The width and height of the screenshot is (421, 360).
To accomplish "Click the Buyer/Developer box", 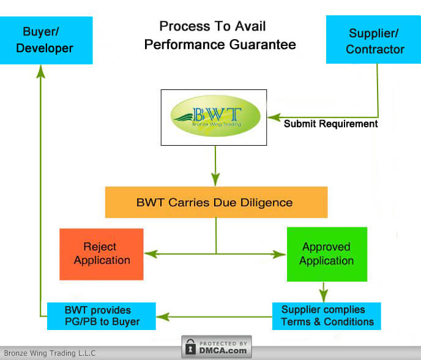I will [47, 40].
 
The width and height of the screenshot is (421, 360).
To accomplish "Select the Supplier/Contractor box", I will [373, 40].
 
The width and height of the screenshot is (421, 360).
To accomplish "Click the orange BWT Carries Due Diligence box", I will [216, 202].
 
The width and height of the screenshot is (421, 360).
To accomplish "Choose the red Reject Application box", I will [102, 253].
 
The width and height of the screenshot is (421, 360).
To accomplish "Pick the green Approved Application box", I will [327, 253].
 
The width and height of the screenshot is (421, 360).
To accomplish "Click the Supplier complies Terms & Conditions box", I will [327, 316].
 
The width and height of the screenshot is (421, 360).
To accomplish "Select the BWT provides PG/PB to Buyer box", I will [102, 316].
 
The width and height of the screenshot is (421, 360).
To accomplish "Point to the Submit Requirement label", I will [330, 124].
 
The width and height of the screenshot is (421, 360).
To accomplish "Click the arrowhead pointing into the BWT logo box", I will [273, 116].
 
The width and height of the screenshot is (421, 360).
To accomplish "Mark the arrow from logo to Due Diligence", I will [215, 168].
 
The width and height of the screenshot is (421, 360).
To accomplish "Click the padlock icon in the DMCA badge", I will [191, 347].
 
